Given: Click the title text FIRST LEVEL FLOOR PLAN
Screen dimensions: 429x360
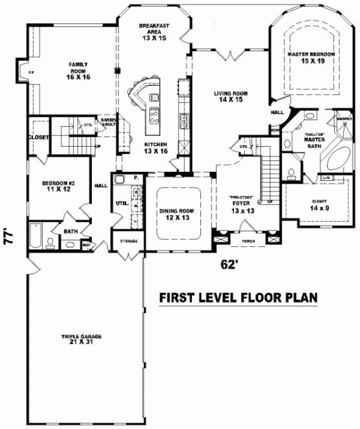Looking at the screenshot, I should tap(238, 297).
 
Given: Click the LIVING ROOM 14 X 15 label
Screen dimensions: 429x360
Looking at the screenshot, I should tap(231, 97).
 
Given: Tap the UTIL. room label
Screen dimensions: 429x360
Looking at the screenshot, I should tap(120, 203).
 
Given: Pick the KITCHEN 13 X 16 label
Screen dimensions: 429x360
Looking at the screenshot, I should tap(156, 147).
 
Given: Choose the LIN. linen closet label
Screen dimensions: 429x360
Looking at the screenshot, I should tap(327, 177).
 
